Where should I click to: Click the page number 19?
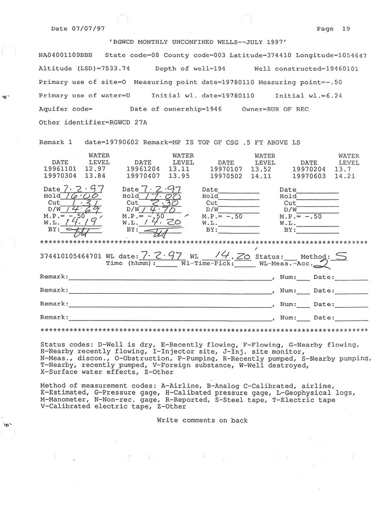(x=346, y=29)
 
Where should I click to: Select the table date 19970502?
(x=226, y=175)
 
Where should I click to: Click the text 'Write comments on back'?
(x=202, y=420)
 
